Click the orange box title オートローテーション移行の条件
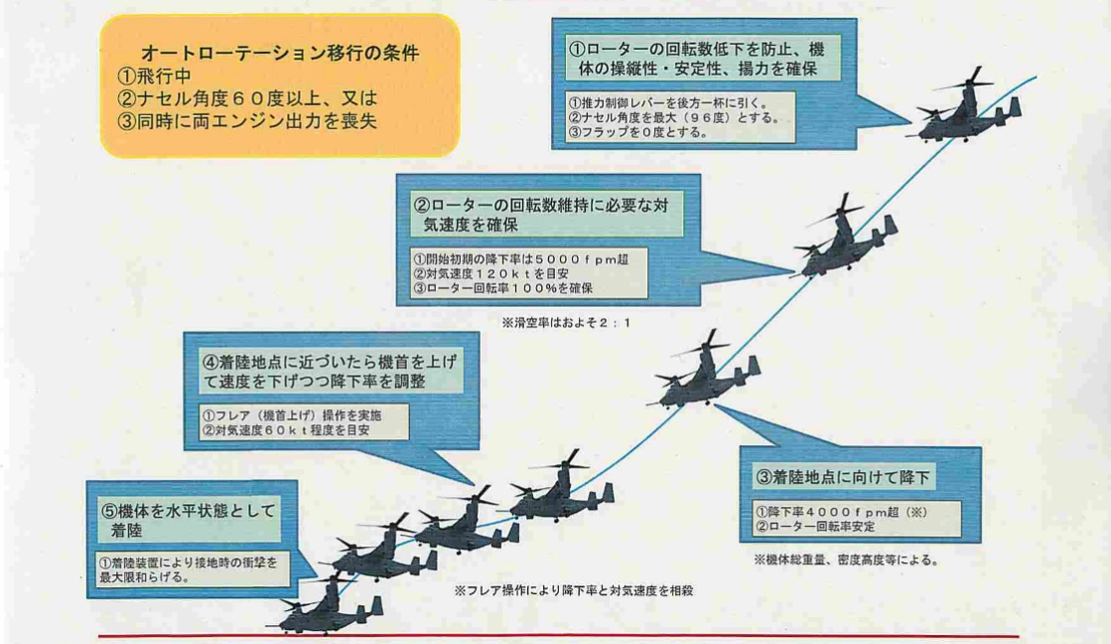(x=280, y=54)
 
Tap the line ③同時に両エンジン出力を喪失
(x=246, y=121)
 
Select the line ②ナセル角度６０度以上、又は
(x=247, y=98)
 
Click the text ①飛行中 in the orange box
(x=154, y=76)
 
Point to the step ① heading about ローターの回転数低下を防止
(x=697, y=59)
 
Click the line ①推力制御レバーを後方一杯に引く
(x=668, y=102)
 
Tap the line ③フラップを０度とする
(x=638, y=132)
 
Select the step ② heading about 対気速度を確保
(x=541, y=215)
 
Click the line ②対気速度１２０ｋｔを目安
(x=491, y=273)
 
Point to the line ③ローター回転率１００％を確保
(x=503, y=288)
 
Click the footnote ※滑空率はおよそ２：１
(x=566, y=323)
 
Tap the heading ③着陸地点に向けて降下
(x=843, y=477)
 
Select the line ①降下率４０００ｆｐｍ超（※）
(x=841, y=512)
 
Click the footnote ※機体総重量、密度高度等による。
(x=848, y=560)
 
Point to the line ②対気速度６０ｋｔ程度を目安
(x=286, y=429)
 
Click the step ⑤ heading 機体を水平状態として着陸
(x=189, y=521)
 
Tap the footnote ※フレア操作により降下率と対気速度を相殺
(x=573, y=590)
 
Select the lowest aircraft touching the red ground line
(x=326, y=605)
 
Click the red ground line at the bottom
(x=558, y=636)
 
